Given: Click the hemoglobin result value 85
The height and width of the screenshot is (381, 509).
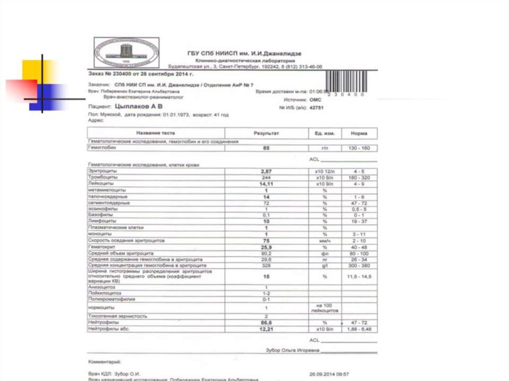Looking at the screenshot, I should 266,148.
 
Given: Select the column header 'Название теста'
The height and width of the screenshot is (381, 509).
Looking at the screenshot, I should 155,133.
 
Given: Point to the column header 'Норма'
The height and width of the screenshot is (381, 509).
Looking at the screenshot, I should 358,133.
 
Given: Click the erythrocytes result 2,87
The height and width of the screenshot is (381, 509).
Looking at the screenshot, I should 266,171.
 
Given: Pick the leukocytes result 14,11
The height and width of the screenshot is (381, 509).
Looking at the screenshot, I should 266,184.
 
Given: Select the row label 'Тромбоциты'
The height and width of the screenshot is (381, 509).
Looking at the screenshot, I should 103,177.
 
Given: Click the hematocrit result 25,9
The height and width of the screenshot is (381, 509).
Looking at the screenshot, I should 266,247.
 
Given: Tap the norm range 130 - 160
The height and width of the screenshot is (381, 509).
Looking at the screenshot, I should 359,148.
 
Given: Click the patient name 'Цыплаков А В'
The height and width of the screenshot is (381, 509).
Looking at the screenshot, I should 139,107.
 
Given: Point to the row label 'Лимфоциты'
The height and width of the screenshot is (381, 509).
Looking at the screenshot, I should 102,221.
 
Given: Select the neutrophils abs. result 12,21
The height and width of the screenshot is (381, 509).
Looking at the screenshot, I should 266,329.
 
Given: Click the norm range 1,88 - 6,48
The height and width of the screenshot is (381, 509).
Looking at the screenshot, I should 359,329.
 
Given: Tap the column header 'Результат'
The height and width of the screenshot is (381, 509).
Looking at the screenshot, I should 266,133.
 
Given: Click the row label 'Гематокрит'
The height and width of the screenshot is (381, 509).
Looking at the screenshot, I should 102,247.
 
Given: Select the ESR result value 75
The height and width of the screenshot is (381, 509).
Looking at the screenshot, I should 266,240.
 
